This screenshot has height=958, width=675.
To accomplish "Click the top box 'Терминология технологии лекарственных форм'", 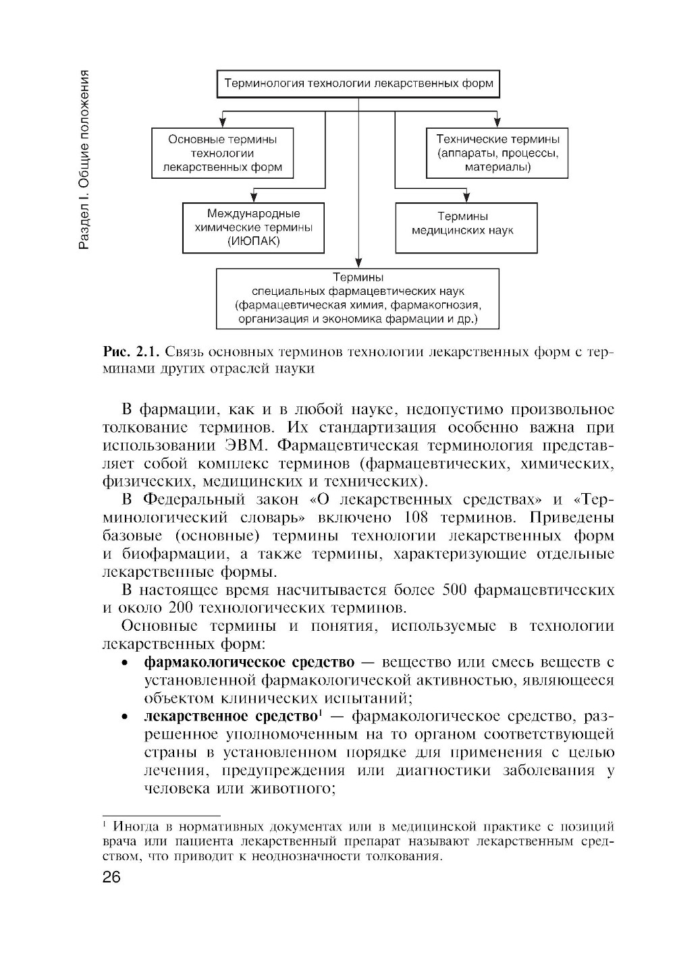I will pos(358,84).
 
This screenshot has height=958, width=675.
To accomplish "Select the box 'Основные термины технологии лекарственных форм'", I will pos(223,153).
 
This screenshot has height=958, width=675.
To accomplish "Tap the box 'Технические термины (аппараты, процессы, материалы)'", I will pos(497,153).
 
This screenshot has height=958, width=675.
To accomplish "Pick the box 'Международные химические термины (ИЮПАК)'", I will pos(253,228).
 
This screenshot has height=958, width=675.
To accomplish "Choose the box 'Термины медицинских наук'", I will pos(466,228).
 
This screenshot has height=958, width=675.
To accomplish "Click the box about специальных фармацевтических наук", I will pos(358,298).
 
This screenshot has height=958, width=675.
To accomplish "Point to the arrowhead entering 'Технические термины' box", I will pos(497,123).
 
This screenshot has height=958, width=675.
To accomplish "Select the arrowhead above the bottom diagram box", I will pos(358,263).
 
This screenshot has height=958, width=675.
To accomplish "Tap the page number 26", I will pos(111,878).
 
